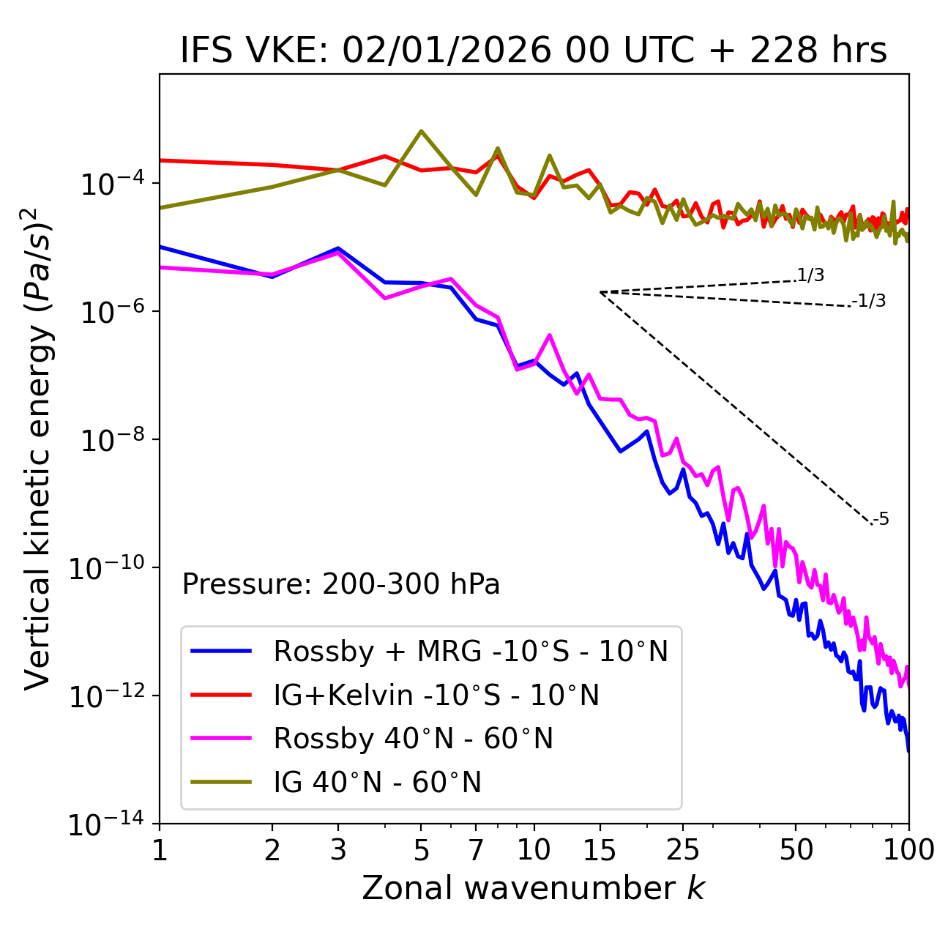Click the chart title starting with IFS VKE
[534, 51]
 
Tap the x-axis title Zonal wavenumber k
[534, 887]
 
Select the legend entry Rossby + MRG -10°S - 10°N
[470, 651]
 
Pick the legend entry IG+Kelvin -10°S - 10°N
[436, 695]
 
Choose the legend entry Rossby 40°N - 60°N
[413, 739]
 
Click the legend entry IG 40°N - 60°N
[377, 783]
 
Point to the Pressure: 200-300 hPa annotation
[341, 584]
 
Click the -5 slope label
[881, 520]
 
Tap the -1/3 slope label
[870, 301]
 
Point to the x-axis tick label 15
[600, 850]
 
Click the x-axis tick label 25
[683, 850]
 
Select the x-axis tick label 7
[476, 850]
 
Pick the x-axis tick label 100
[908, 850]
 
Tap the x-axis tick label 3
[338, 850]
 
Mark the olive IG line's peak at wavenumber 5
[421, 131]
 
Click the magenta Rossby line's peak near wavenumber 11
[549, 335]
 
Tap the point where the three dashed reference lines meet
[600, 292]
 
